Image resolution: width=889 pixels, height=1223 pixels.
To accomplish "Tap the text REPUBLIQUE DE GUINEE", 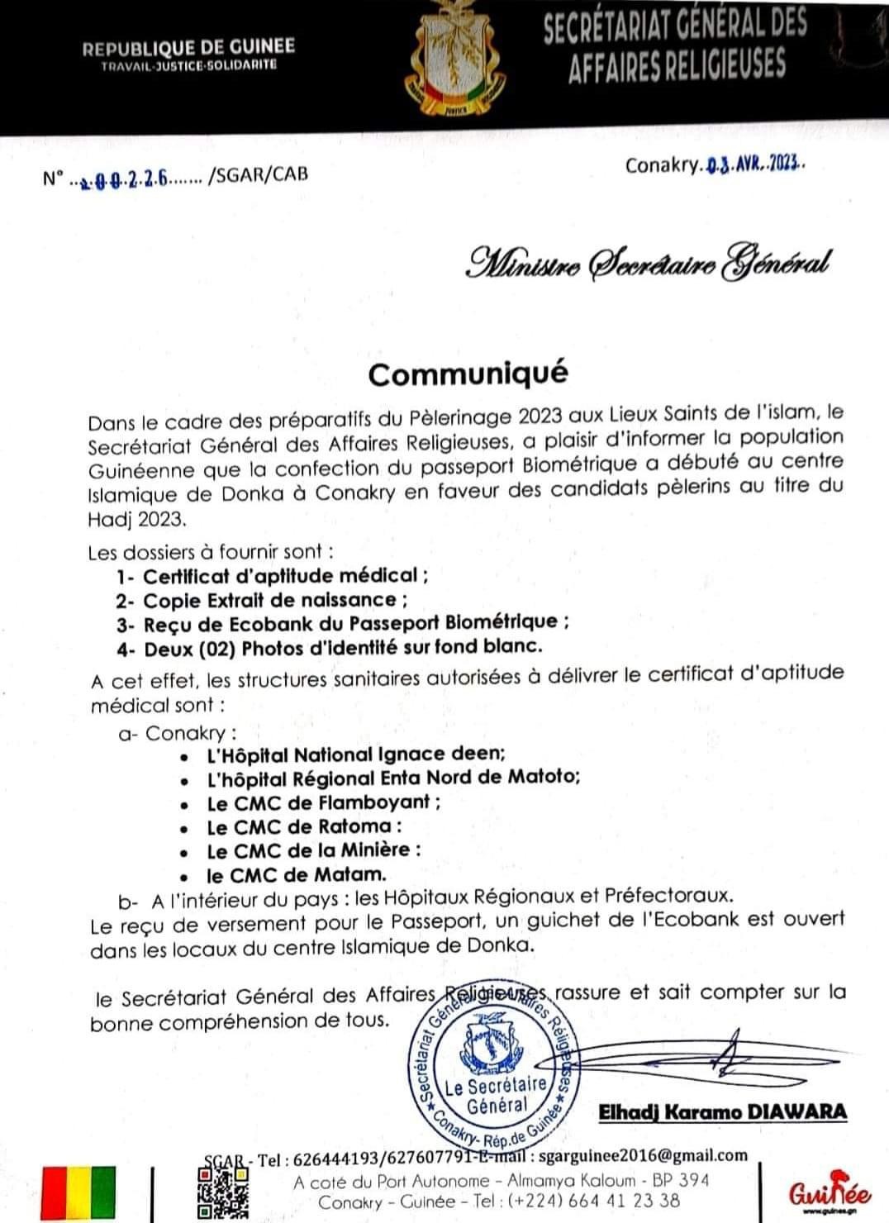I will coord(188,49).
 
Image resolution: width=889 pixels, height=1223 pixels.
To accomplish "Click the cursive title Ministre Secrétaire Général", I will coord(647,263).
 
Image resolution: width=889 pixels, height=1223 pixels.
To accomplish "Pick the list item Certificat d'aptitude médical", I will coord(285,576).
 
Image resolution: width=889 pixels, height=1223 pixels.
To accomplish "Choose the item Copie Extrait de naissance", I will coord(274,600).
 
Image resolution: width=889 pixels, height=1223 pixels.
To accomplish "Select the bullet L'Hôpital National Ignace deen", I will coord(355,754).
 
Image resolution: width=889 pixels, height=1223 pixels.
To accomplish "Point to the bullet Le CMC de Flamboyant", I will coord(322,802).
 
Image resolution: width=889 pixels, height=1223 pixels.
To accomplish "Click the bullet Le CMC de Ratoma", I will coord(303,826).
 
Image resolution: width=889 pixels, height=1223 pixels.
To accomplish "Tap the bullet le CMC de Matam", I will coord(296,873).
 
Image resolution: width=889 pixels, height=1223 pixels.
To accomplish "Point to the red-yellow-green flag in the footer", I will coord(78,1193).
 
